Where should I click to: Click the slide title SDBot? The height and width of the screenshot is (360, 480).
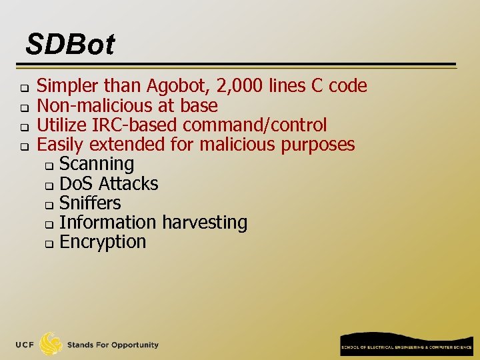[x=70, y=45]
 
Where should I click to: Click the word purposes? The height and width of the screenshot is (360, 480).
[x=317, y=144]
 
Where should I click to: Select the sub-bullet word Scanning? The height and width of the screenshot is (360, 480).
[x=97, y=163]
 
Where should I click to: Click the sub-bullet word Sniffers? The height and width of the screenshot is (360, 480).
[x=90, y=203]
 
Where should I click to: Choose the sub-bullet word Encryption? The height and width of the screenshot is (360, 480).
[x=103, y=241]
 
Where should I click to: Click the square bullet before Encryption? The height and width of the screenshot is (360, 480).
[x=48, y=243]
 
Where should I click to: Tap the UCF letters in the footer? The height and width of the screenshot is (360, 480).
[x=25, y=345]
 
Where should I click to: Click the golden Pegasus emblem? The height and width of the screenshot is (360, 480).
[x=51, y=344]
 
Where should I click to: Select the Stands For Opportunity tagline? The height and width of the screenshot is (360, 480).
[x=113, y=345]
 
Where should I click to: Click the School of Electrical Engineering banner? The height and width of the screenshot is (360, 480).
[x=406, y=344]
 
